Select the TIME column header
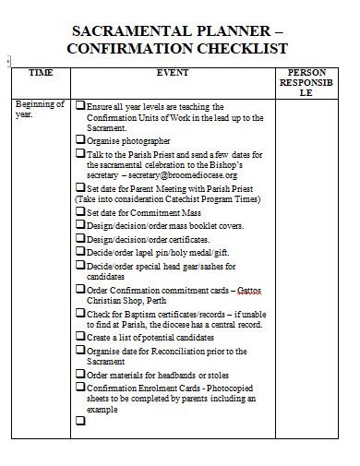41,71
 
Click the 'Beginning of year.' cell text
40,111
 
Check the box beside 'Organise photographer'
80,139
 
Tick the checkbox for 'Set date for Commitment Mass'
80,211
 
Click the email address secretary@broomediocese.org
185,174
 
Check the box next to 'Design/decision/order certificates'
80,237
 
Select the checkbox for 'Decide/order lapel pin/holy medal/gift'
80,250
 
